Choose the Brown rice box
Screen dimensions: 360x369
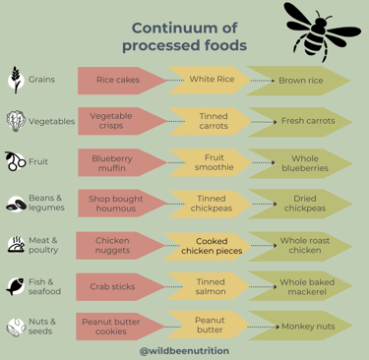tap(300, 81)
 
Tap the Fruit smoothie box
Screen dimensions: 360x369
tap(213, 162)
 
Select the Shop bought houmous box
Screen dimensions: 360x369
tap(114, 204)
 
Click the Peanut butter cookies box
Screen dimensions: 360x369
tap(112, 326)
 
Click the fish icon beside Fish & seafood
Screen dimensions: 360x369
tap(16, 286)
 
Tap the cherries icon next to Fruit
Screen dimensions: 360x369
tap(16, 161)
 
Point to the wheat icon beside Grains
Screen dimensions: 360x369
tap(16, 80)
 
